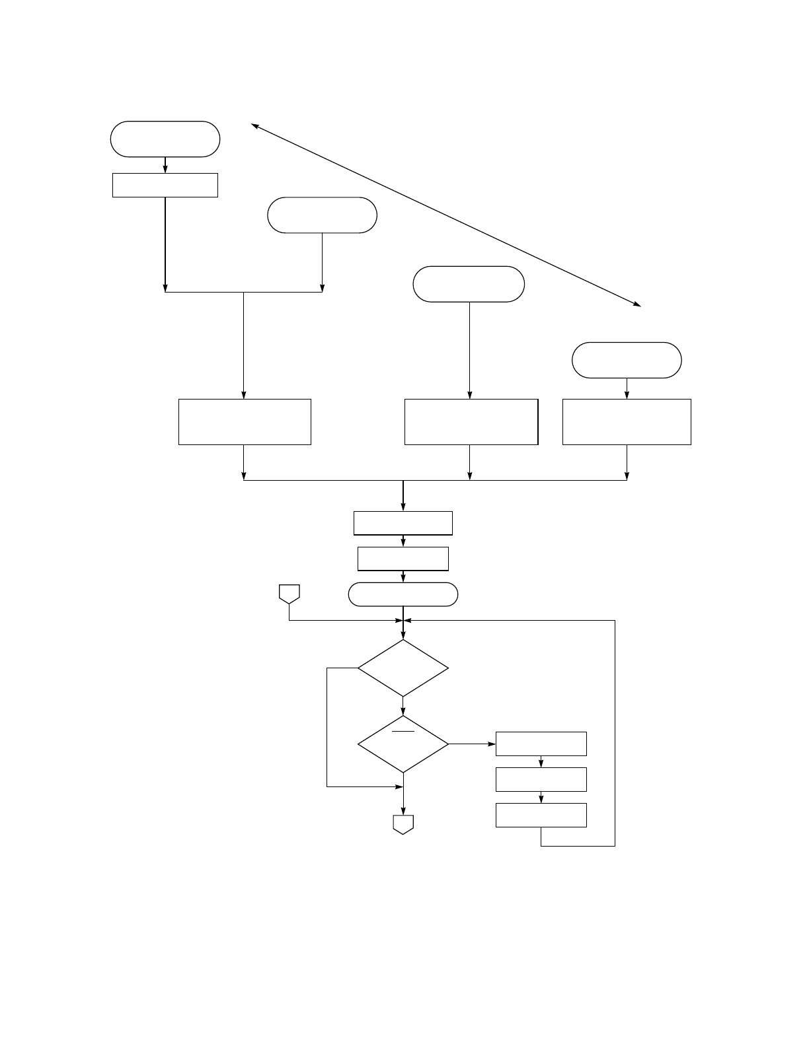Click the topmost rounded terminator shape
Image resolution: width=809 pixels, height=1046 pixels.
pos(165,139)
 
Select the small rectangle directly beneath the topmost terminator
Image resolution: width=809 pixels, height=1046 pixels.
pos(165,185)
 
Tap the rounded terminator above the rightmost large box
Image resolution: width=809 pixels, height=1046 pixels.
pos(626,360)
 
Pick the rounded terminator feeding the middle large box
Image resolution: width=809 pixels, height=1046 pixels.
pos(469,284)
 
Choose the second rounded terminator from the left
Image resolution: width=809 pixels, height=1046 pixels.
pos(322,215)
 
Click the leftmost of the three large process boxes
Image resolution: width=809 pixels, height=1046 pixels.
pos(245,421)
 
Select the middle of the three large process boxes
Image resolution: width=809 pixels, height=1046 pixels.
pos(471,421)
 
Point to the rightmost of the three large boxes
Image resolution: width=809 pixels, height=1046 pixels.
pos(627,421)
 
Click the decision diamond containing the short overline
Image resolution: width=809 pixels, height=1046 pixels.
pos(403,744)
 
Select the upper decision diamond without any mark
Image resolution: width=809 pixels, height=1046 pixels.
pos(403,668)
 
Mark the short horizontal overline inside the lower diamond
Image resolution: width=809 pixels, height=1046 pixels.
pos(403,732)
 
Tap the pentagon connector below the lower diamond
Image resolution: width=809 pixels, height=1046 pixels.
pos(403,824)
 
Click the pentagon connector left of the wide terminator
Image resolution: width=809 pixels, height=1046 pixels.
pos(289,593)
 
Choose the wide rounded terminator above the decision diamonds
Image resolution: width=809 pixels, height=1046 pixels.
pos(403,594)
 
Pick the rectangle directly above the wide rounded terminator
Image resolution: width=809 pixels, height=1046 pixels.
pos(403,559)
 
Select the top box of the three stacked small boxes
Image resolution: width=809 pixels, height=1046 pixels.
pos(541,744)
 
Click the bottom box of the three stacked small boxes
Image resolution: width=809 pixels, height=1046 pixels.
pos(541,815)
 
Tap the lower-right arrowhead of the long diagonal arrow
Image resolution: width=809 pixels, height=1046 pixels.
pos(638,304)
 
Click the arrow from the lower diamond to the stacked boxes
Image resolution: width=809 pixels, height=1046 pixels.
pos(473,744)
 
